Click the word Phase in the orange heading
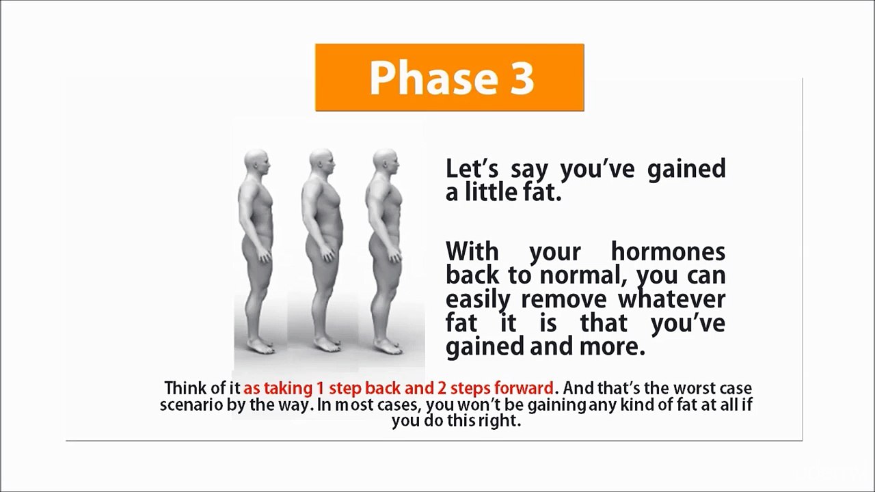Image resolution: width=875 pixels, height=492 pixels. [x=432, y=78]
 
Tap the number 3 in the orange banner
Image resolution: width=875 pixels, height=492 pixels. [x=520, y=77]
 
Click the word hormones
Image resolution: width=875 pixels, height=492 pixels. [x=668, y=251]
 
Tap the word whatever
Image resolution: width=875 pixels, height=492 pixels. [x=671, y=299]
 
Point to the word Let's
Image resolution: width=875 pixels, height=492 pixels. [x=472, y=169]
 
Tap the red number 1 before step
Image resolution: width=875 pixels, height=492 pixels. [x=319, y=388]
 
